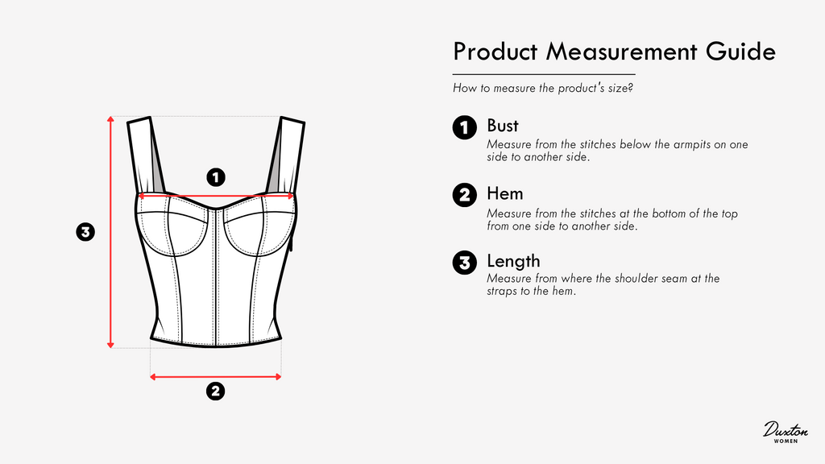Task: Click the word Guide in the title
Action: (741, 52)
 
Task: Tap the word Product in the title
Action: (495, 52)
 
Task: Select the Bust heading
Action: (503, 126)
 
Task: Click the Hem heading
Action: (504, 193)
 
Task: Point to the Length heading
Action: (513, 262)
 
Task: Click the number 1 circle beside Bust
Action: (465, 127)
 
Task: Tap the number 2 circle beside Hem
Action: (465, 195)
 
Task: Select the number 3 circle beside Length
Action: (465, 263)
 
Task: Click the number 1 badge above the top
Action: (216, 177)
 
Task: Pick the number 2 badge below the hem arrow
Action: (215, 391)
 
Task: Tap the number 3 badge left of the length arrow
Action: (85, 231)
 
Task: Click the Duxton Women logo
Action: (786, 432)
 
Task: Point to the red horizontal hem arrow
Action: (216, 377)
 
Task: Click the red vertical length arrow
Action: (110, 232)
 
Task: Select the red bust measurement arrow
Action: (216, 197)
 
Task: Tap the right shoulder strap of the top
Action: (287, 156)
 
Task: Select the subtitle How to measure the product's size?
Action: (543, 88)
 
